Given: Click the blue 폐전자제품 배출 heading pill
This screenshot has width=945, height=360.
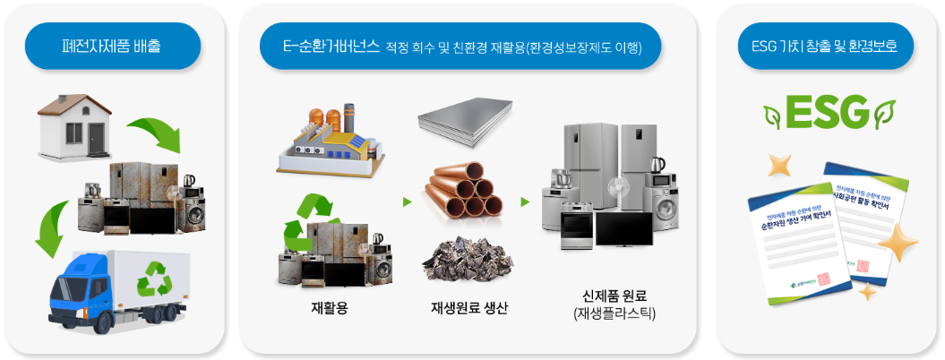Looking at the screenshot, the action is tap(113, 46).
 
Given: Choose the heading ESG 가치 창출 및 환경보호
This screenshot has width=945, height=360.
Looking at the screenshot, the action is tap(825, 46).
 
